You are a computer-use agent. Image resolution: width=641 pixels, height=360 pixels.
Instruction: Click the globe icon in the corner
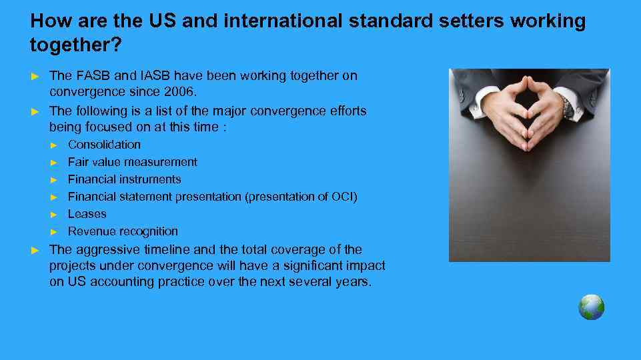pos(591,307)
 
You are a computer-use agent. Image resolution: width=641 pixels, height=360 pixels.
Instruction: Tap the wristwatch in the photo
pos(567,106)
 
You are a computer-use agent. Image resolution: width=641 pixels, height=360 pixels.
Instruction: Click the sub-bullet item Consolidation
pos(104,145)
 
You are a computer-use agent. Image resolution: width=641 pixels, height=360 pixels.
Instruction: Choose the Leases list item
pos(87,214)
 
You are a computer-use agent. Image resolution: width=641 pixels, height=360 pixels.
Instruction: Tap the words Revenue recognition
pos(123,231)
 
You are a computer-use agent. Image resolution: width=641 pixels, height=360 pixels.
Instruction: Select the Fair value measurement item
pos(132,162)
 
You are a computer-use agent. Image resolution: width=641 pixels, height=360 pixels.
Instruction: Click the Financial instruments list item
pos(124,179)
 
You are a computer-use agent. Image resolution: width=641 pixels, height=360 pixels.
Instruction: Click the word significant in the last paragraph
pos(315,265)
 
